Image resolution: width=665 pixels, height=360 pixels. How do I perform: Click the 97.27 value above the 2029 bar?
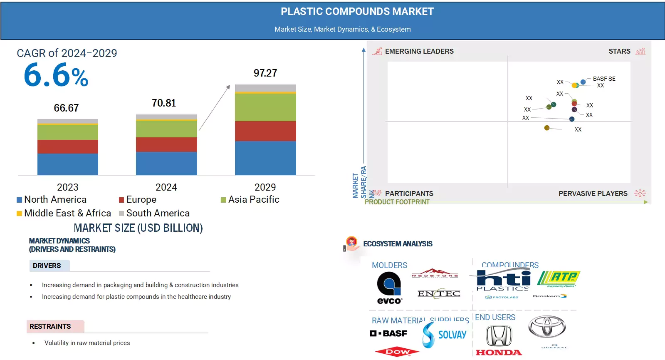265,73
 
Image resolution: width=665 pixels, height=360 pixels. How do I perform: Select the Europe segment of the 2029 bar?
265,131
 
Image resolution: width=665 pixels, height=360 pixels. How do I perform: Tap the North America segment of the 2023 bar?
68,164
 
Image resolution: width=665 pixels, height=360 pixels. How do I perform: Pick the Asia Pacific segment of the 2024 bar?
166,129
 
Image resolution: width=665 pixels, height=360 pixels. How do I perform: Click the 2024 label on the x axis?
166,187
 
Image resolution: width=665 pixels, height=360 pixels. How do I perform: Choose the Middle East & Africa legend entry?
64,213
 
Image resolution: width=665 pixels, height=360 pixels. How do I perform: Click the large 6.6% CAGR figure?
56,75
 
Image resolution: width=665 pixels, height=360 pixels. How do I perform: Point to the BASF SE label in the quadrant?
604,79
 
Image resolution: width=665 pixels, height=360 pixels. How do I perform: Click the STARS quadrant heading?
619,51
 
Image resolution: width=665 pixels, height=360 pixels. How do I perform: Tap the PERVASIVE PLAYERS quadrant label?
593,194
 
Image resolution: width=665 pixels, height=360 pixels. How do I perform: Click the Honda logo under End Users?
499,341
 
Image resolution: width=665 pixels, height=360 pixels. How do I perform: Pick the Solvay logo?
445,335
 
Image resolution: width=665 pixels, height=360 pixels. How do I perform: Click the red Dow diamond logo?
397,352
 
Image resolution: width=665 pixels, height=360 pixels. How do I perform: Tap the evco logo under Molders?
389,288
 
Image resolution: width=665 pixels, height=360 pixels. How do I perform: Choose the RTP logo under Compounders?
559,278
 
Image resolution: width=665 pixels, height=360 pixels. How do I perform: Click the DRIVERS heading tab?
47,266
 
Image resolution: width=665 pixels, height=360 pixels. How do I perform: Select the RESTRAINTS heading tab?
50,326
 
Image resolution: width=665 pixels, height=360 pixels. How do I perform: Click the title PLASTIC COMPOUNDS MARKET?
357,12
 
